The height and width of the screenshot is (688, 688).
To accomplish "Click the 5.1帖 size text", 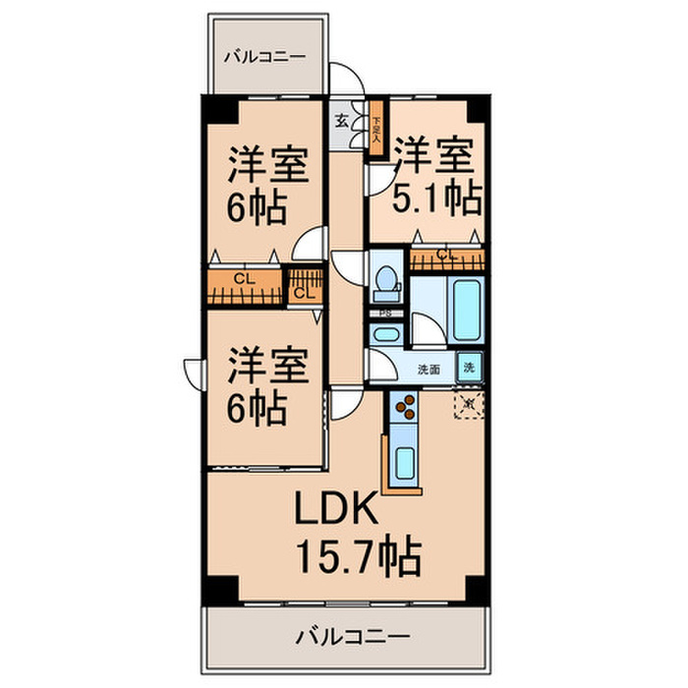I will [436, 199].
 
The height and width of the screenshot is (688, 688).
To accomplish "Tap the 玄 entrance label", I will [342, 121].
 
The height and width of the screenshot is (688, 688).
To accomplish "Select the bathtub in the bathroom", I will [465, 310].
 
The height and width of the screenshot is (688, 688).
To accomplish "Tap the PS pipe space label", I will [386, 315].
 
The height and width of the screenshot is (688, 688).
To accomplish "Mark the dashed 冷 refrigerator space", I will [469, 403].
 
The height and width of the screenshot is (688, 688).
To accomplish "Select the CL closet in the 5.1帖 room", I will [447, 258].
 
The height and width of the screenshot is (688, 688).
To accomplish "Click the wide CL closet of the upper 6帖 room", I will [244, 284].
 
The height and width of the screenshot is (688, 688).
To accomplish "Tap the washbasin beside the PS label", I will [385, 334].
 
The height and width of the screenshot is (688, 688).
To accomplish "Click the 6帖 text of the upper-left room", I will [258, 207].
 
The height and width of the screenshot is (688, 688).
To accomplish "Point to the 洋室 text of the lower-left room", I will [268, 365].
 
